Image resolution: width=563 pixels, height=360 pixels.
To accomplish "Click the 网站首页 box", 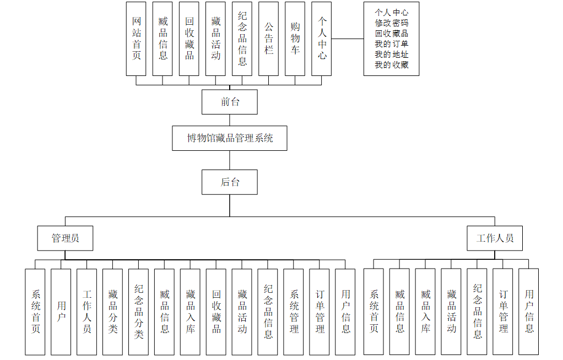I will pyautogui.click(x=136, y=39).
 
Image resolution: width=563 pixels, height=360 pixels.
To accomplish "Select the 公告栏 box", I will pyautogui.click(x=268, y=39).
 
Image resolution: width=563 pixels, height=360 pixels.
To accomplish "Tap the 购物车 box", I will pyautogui.click(x=295, y=39).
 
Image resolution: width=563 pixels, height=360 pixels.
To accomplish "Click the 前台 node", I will pyautogui.click(x=230, y=102).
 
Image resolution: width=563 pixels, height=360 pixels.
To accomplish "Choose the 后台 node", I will pyautogui.click(x=230, y=182).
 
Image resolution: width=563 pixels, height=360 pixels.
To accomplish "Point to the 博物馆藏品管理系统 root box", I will pyautogui.click(x=230, y=138).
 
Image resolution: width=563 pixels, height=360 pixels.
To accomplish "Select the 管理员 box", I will pyautogui.click(x=65, y=238).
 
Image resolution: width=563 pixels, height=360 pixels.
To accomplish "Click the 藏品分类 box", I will pyautogui.click(x=113, y=312).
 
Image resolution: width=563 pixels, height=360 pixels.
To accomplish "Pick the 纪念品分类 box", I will pyautogui.click(x=139, y=312).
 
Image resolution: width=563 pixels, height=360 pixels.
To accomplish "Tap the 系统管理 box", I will pyautogui.click(x=294, y=312).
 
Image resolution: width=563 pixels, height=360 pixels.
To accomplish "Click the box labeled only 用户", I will pyautogui.click(x=61, y=312).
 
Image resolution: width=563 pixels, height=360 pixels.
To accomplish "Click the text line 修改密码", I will pyautogui.click(x=391, y=23).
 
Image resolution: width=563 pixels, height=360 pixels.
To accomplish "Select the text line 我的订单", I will pyautogui.click(x=391, y=44).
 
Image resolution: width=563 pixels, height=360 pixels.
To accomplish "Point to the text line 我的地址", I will pyautogui.click(x=391, y=54).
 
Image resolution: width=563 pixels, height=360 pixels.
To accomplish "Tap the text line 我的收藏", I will pyautogui.click(x=391, y=65).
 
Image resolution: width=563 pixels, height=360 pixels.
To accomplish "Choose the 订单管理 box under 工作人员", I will pyautogui.click(x=503, y=312).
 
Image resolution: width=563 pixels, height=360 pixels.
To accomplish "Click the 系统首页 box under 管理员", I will pyautogui.click(x=35, y=312).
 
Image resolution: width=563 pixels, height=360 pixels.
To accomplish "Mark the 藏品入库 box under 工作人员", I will pyautogui.click(x=425, y=312).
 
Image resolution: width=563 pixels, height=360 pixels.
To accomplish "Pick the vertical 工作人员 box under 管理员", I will pyautogui.click(x=87, y=312).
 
